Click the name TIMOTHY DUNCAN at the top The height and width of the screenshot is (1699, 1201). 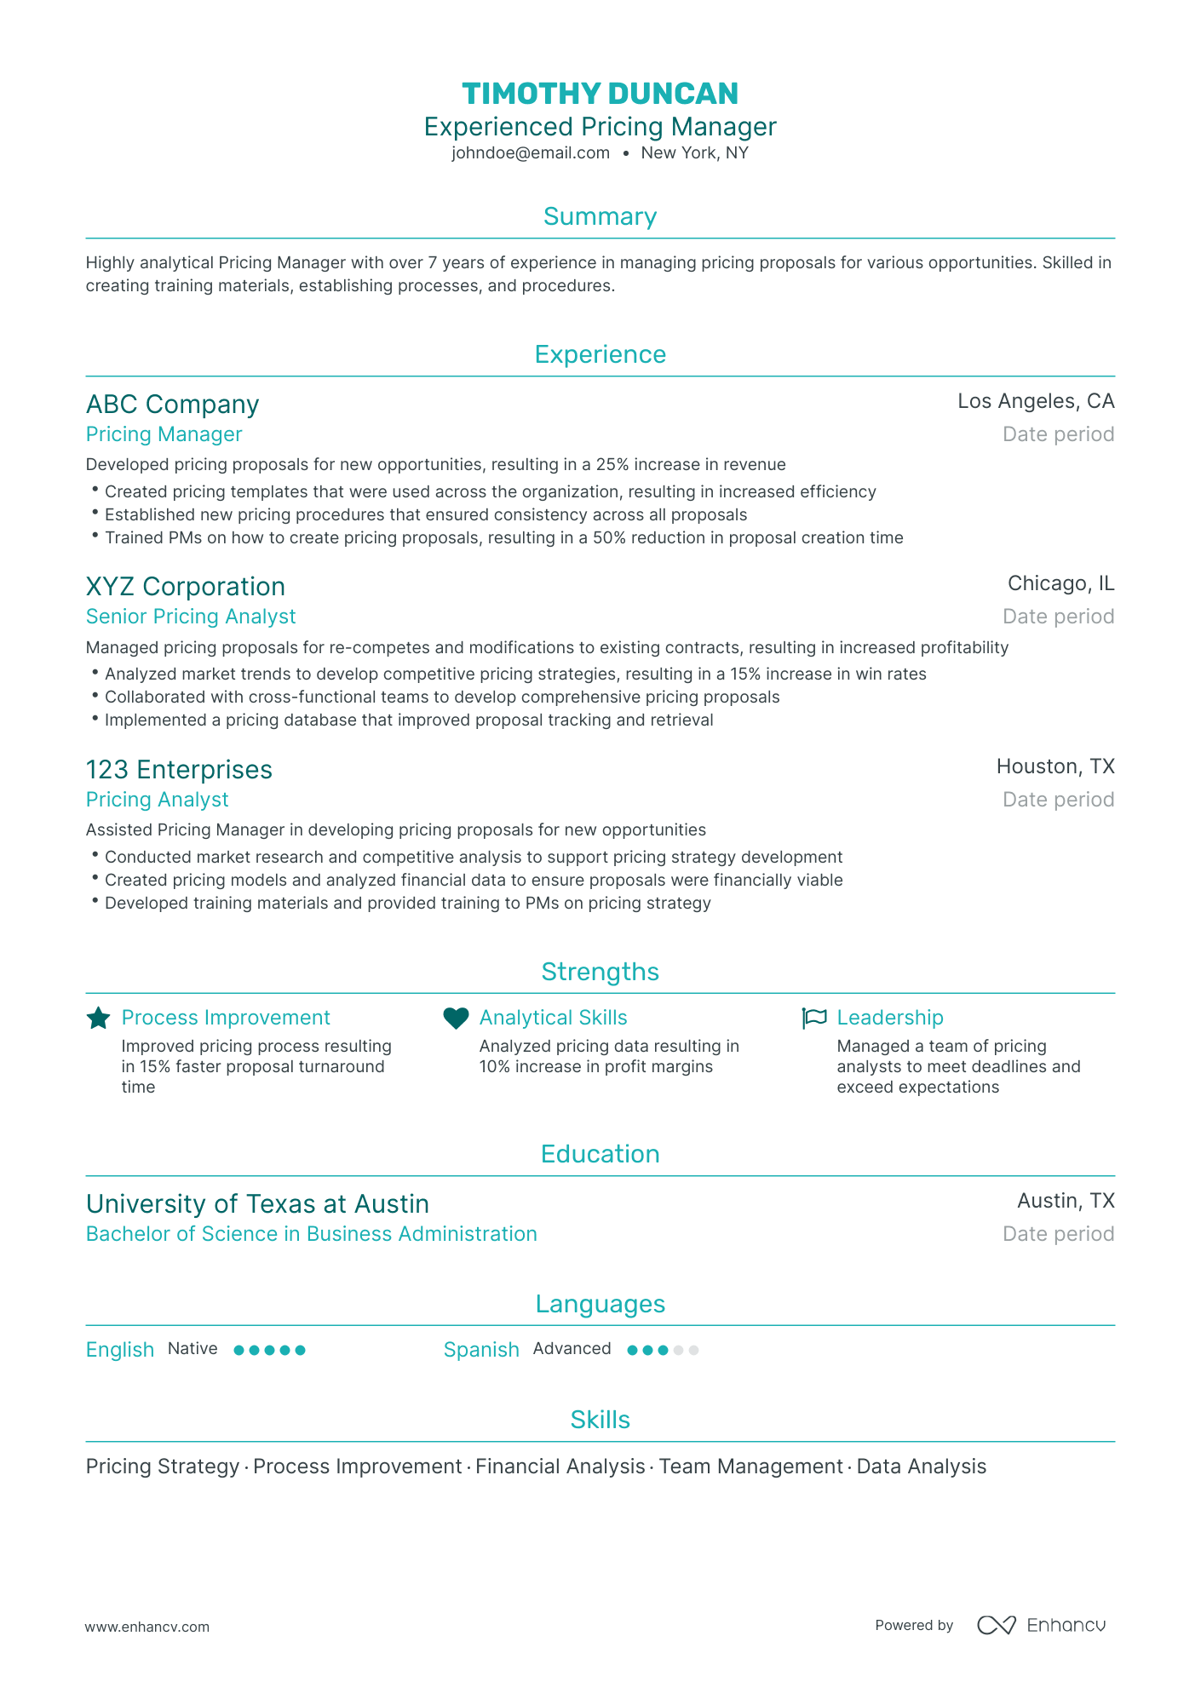click(x=600, y=94)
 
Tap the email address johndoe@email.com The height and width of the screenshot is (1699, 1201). click(x=531, y=153)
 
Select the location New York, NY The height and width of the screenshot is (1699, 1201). click(x=694, y=153)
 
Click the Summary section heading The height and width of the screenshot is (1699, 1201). click(x=600, y=216)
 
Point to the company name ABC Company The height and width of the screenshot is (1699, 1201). click(x=172, y=404)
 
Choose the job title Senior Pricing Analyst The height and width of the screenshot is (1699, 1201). click(x=191, y=617)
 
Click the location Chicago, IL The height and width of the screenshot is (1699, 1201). click(x=1060, y=583)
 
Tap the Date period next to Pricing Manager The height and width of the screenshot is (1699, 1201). click(x=1058, y=434)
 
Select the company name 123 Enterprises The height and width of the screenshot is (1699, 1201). click(x=179, y=769)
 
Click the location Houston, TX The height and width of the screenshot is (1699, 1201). click(x=1055, y=766)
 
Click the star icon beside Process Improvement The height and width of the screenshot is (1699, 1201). click(x=99, y=1018)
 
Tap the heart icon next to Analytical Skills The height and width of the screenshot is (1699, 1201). click(x=457, y=1018)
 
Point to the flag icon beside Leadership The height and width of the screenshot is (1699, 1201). click(x=814, y=1018)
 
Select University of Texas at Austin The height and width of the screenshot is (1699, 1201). click(x=257, y=1203)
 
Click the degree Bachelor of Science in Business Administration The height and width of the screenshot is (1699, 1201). click(x=311, y=1234)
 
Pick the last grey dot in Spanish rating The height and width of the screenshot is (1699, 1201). click(x=693, y=1350)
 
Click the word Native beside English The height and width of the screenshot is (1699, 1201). click(x=193, y=1349)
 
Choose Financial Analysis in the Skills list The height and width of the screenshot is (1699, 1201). click(x=560, y=1467)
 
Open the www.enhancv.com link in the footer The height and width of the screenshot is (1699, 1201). click(x=147, y=1627)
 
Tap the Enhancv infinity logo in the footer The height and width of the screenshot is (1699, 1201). click(x=996, y=1625)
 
